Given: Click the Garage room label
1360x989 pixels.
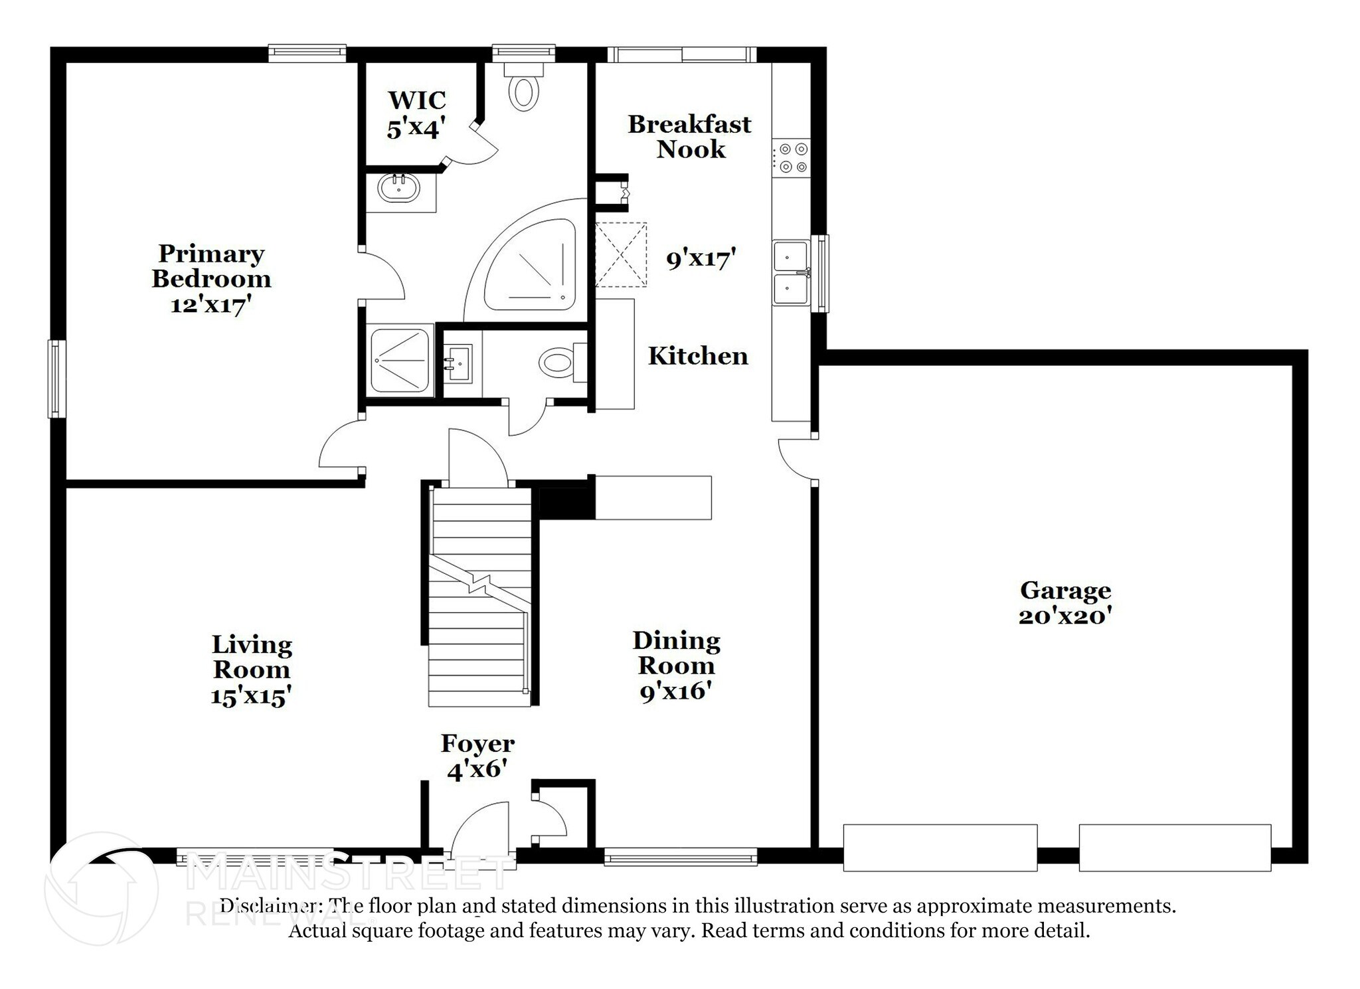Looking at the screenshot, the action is click(1065, 590).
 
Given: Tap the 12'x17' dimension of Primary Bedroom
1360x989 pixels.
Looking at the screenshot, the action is click(211, 305).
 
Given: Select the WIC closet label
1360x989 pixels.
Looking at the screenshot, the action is click(417, 100).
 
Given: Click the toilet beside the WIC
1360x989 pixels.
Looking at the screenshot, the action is click(524, 87).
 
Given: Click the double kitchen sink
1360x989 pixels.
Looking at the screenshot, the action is click(791, 272).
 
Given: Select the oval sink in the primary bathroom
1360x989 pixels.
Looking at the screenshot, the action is click(398, 188).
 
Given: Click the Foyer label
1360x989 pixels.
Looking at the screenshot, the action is click(477, 743).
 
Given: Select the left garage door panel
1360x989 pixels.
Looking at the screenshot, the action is click(940, 848).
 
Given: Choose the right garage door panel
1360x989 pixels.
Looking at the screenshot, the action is click(1175, 848).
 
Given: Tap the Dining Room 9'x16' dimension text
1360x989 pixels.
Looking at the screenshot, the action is click(676, 691).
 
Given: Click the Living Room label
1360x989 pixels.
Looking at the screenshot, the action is click(252, 656).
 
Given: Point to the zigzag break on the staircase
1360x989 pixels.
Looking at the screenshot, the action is click(479, 583).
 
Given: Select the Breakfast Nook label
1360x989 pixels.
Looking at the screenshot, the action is click(690, 136).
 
